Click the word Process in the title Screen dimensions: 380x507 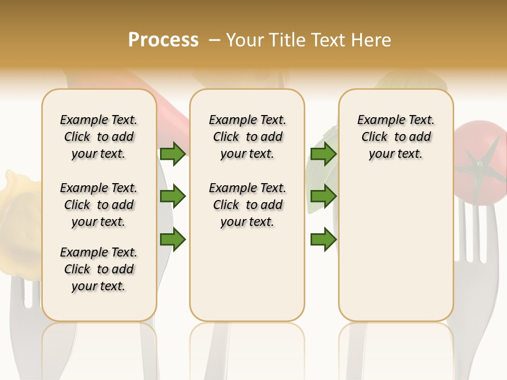pyautogui.click(x=163, y=40)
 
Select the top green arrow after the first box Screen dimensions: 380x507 pyautogui.click(x=173, y=154)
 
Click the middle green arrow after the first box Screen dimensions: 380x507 pyautogui.click(x=173, y=197)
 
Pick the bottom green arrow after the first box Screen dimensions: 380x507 pyautogui.click(x=173, y=239)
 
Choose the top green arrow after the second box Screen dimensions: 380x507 pyautogui.click(x=323, y=154)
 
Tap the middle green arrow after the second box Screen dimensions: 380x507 pyautogui.click(x=323, y=197)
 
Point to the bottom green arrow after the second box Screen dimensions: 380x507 pyautogui.click(x=323, y=239)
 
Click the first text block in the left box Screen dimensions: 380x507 pyautogui.click(x=99, y=137)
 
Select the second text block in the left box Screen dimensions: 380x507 pyautogui.click(x=99, y=205)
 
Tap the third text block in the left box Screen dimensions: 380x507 pyautogui.click(x=99, y=269)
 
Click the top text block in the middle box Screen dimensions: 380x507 pyautogui.click(x=247, y=137)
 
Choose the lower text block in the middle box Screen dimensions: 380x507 pyautogui.click(x=247, y=205)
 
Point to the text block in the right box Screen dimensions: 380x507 pyautogui.click(x=396, y=137)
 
